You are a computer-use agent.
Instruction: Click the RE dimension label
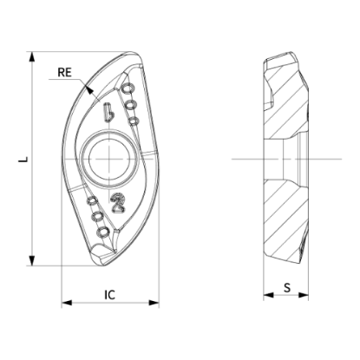pos(64,72)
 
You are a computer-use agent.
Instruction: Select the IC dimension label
pos(109,295)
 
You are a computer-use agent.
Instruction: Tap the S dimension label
pos(287,288)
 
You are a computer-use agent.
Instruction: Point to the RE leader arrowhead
pos(89,88)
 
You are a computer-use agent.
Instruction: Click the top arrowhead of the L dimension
pos(32,56)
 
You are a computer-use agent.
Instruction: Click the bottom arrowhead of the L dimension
pos(32,260)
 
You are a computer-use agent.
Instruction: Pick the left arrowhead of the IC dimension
pos(67,303)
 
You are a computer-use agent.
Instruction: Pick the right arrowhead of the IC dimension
pos(154,303)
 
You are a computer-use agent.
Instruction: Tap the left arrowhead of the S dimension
pos(268,295)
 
